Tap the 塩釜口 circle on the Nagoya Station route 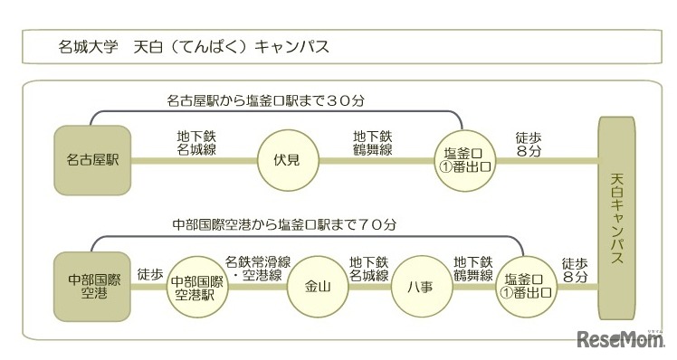pyautogui.click(x=462, y=160)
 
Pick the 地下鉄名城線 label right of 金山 pyautogui.click(x=368, y=267)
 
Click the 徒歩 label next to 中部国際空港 pyautogui.click(x=150, y=272)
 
